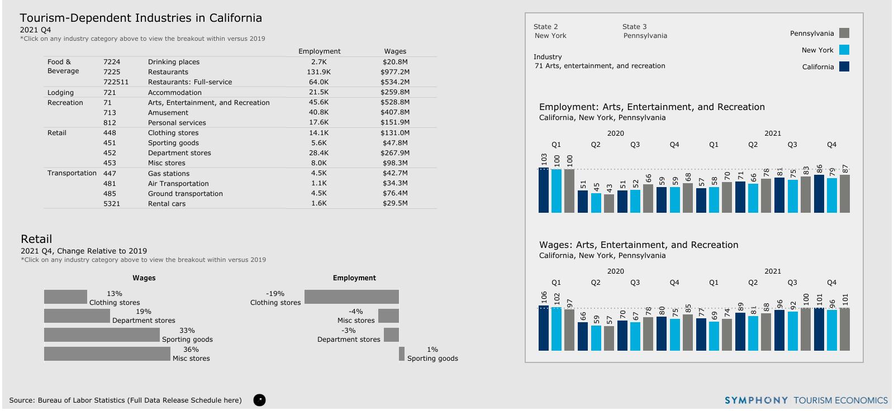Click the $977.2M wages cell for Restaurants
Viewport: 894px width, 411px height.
point(395,72)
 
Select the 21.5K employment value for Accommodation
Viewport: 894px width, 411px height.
point(318,92)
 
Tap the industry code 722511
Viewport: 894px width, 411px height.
point(116,82)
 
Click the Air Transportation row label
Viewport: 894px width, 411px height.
point(178,184)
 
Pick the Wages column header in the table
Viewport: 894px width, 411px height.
point(395,51)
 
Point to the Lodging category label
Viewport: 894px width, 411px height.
point(60,93)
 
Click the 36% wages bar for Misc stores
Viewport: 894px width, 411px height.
point(107,354)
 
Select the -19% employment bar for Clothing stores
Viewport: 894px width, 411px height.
point(351,297)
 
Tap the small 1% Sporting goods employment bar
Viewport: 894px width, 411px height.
point(402,354)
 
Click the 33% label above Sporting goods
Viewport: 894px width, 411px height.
point(187,331)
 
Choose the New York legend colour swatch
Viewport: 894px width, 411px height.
point(844,50)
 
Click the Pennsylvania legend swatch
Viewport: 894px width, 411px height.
point(844,34)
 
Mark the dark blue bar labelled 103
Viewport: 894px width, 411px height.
point(544,190)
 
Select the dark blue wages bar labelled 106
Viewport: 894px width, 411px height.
point(544,328)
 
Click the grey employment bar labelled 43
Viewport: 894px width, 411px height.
point(609,203)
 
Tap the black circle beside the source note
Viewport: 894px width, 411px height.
point(259,400)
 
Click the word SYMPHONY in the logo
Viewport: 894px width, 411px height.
point(756,400)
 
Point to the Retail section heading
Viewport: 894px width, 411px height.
point(36,239)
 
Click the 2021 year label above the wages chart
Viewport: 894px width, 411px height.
point(773,271)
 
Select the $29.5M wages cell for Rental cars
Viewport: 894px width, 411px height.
point(395,203)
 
